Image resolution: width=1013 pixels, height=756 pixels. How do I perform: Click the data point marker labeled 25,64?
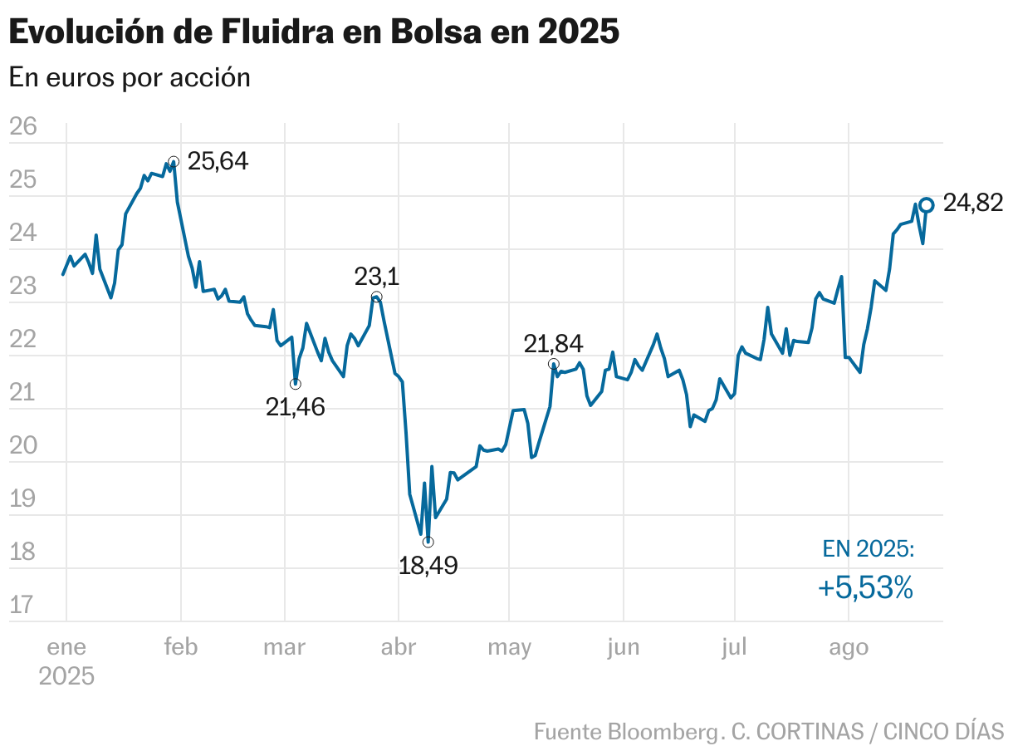pos(174,162)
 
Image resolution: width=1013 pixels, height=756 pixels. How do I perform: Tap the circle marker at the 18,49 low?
pos(428,542)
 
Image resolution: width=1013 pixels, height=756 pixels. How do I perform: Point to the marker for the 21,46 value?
pos(296,384)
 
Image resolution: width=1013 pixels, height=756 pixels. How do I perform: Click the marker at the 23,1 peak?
pos(376,297)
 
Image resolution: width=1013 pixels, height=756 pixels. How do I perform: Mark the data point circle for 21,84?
pos(554,365)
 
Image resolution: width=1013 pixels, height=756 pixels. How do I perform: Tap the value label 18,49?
pos(428,567)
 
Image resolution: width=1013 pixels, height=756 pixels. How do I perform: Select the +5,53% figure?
pos(866,588)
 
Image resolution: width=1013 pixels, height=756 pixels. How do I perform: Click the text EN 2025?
pos(869,548)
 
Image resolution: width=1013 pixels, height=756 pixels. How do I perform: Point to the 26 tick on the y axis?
pos(23,126)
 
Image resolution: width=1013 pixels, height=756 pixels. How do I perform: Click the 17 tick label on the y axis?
pos(23,605)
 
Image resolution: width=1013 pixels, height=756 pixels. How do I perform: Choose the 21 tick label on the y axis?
pos(23,392)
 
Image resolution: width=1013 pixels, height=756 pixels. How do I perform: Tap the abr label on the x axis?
pos(398,647)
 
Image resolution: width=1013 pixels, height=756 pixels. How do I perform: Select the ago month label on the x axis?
pos(849,647)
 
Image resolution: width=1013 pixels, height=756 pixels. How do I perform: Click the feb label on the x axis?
pos(180,647)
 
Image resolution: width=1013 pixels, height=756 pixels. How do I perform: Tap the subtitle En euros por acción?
pos(130,77)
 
